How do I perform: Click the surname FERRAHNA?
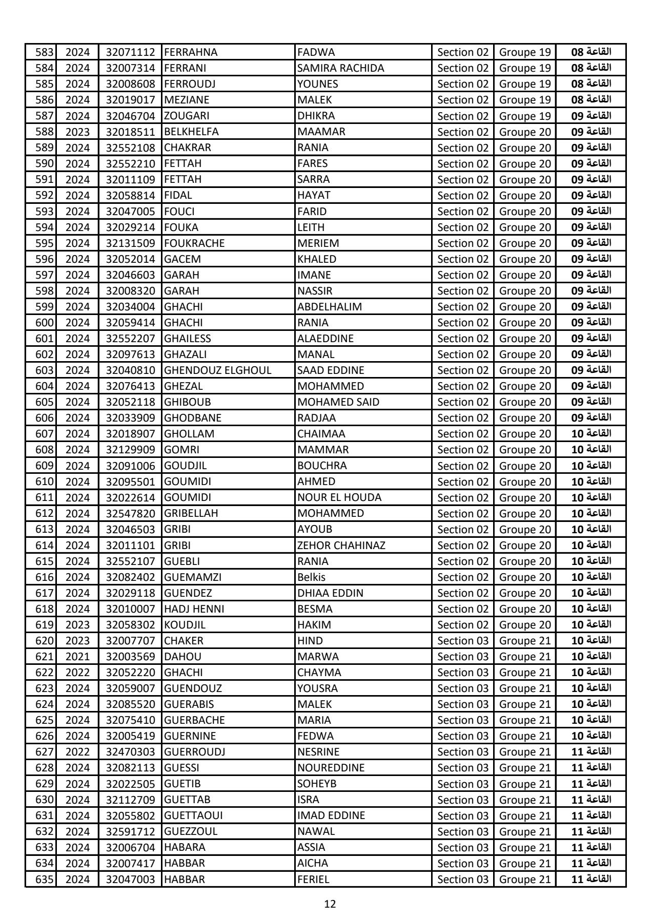[191, 52]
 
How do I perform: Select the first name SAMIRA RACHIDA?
[340, 68]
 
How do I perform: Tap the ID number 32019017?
[130, 100]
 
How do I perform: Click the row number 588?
[45, 132]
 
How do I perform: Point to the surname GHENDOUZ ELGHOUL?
[217, 370]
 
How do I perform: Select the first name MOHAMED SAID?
[338, 402]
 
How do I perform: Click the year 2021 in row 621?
[77, 657]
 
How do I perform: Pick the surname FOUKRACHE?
[194, 243]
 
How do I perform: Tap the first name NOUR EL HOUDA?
[339, 497]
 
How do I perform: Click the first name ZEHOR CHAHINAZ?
[341, 546]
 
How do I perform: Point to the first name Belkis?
[311, 577]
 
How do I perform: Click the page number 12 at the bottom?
[330, 904]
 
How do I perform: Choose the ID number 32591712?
[130, 831]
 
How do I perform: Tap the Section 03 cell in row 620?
[463, 641]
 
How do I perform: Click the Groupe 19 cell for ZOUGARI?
[525, 116]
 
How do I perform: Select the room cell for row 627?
[591, 752]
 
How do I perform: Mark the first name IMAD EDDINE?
[331, 815]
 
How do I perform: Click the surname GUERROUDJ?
[194, 752]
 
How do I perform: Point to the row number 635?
[45, 879]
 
